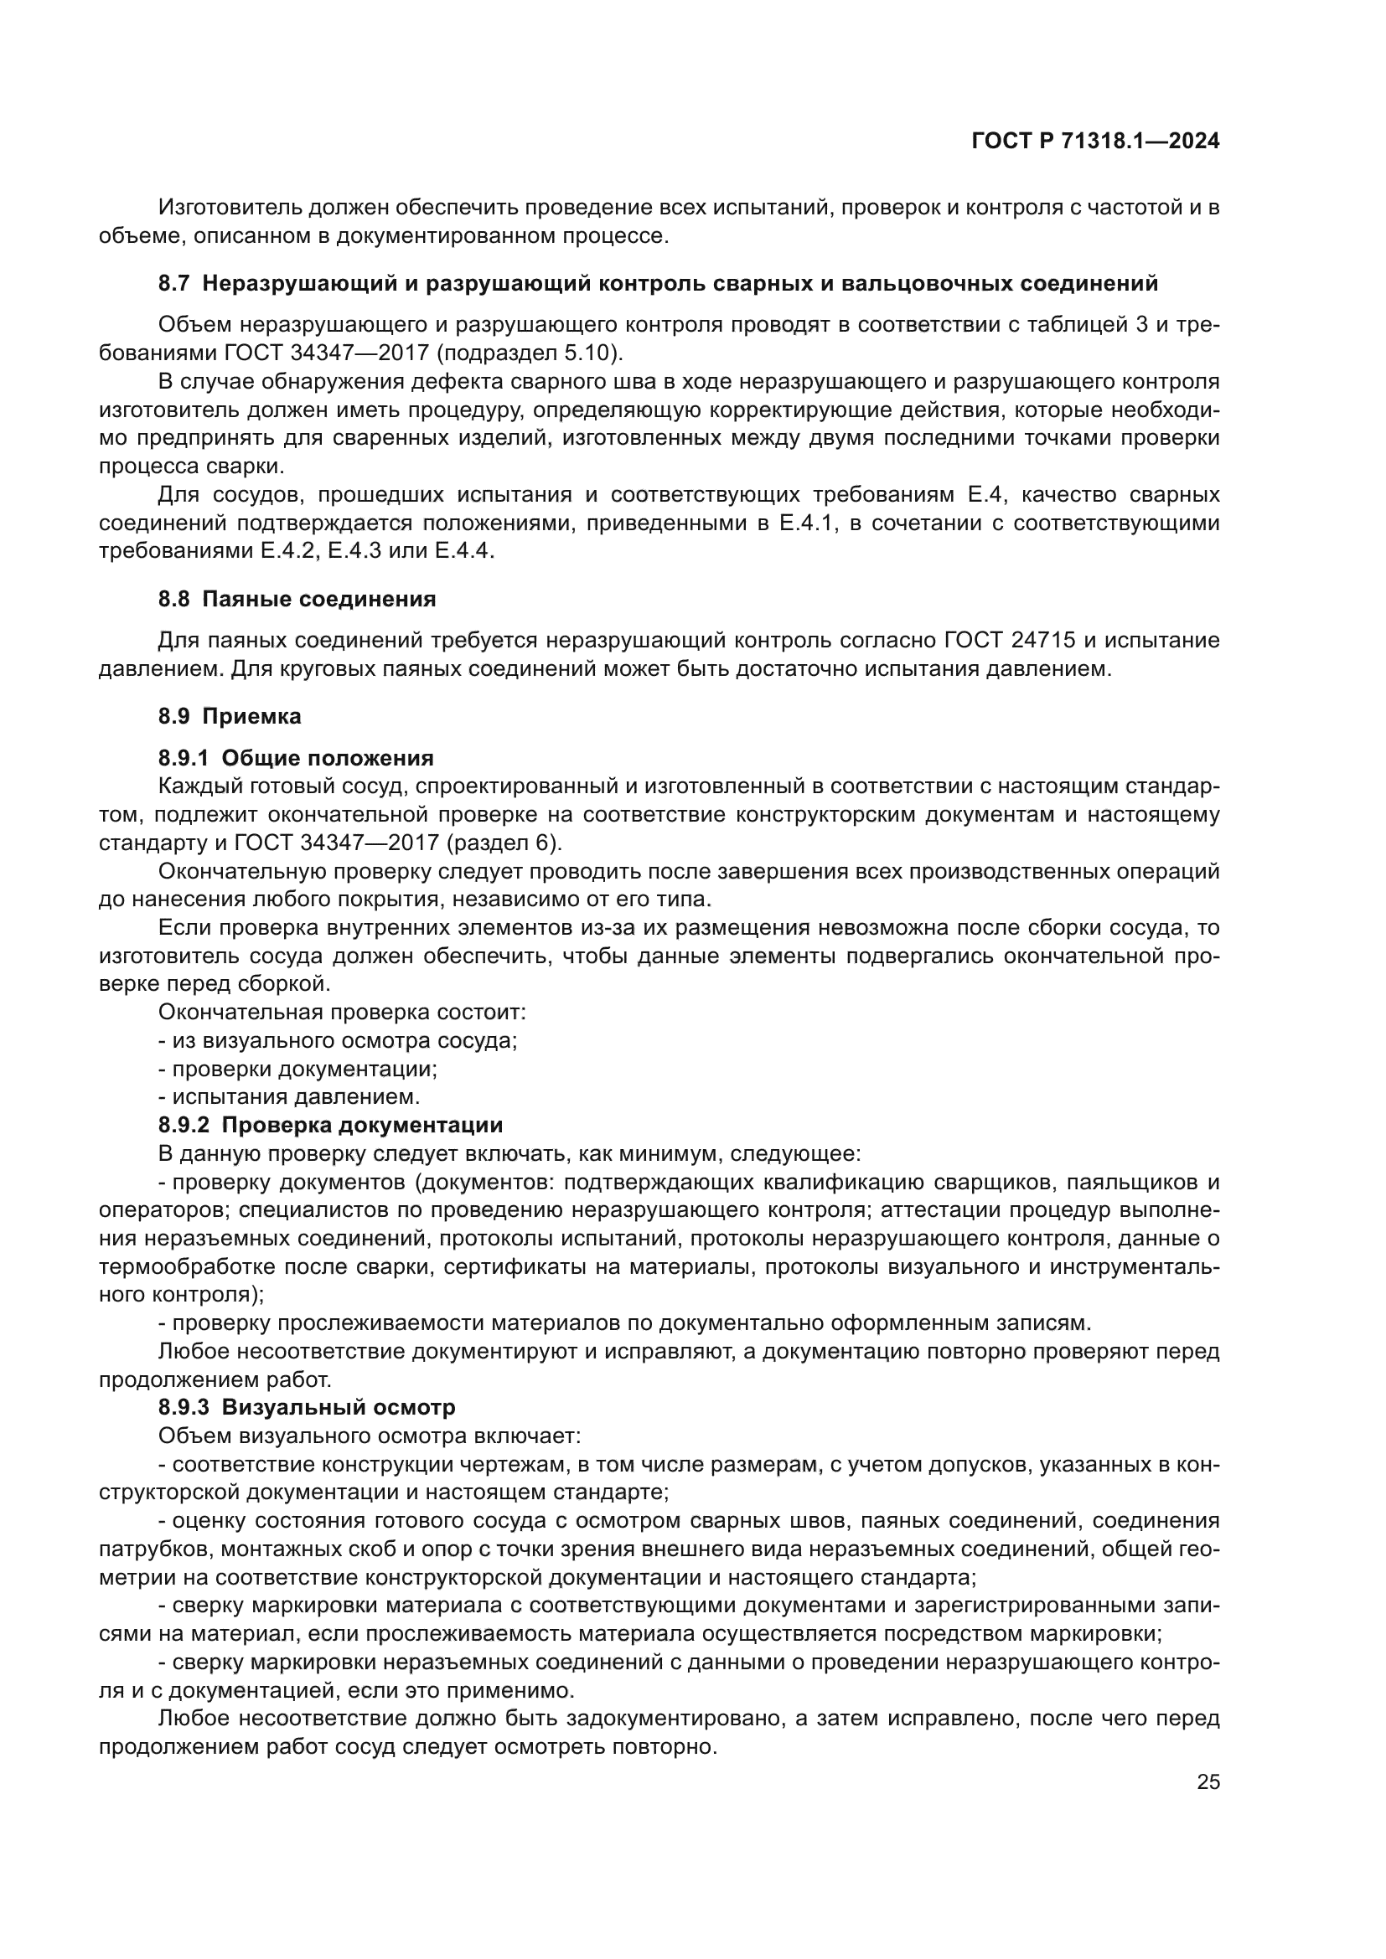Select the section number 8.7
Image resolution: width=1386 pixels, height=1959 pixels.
pyautogui.click(x=173, y=284)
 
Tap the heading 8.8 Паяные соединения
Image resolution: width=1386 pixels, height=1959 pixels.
pyautogui.click(x=297, y=599)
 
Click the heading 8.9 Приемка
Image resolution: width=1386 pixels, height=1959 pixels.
pyautogui.click(x=230, y=716)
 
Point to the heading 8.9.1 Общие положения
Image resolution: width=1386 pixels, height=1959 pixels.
pyautogui.click(x=296, y=758)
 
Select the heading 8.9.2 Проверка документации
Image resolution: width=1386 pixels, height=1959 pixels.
pyautogui.click(x=330, y=1125)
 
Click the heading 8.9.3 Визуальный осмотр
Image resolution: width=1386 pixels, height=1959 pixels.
pyautogui.click(x=307, y=1407)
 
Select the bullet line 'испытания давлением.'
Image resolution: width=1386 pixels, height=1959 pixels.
pyautogui.click(x=295, y=1096)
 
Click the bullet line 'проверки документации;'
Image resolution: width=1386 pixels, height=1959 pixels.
pyautogui.click(x=305, y=1068)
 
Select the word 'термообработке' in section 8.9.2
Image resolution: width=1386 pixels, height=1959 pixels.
pyautogui.click(x=185, y=1266)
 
